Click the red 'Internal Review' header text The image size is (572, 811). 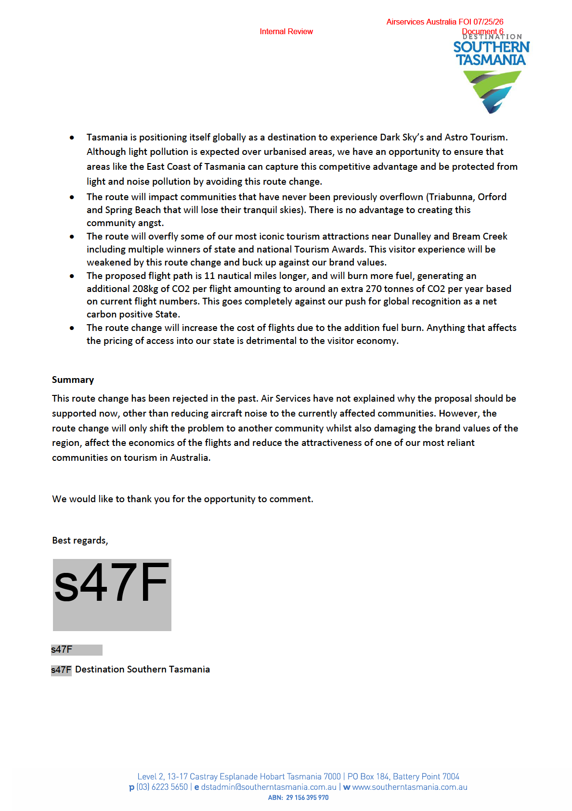tap(286, 32)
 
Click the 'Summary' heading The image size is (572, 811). tap(73, 380)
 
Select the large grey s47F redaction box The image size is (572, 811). tap(112, 595)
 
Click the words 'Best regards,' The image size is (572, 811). tap(80, 541)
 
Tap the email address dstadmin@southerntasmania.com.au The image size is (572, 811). tap(269, 787)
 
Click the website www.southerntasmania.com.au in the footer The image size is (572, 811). tap(410, 787)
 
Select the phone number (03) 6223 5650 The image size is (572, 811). tap(162, 787)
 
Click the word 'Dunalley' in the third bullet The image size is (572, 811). tap(412, 236)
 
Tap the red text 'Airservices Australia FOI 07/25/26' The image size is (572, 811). tap(444, 22)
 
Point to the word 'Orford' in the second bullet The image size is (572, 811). tap(492, 197)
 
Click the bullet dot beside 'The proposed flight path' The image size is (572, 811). tap(72, 276)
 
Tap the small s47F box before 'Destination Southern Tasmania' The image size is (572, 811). tap(61, 670)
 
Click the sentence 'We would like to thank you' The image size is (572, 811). tap(182, 499)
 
